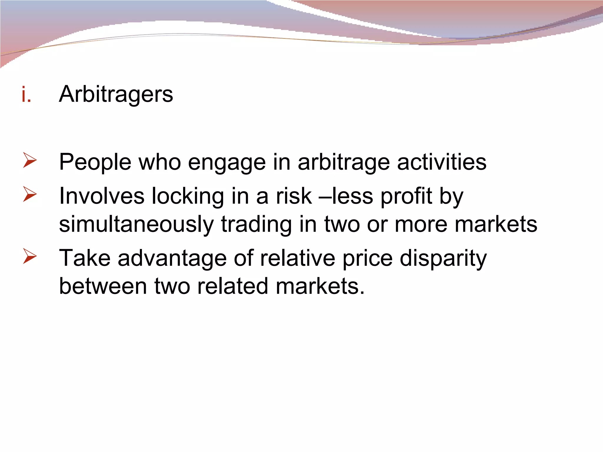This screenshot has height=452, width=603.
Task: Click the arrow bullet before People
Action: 30,160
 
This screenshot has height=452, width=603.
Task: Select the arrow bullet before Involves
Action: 30,194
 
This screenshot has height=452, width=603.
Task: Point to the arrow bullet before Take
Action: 30,256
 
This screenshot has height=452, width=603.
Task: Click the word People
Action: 95,162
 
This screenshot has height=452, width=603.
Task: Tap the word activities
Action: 442,162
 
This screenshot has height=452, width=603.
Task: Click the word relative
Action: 297,258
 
